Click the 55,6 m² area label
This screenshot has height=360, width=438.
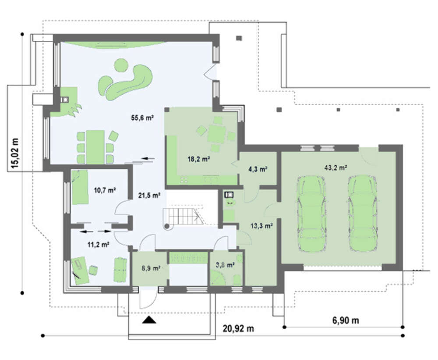(142, 118)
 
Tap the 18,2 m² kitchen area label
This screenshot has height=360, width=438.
(199, 159)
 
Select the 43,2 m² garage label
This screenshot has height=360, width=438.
(336, 168)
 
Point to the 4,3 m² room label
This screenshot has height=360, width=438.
(258, 169)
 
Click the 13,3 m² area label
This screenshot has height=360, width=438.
(262, 226)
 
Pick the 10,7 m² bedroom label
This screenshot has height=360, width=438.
(105, 190)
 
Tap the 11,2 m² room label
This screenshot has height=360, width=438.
(98, 245)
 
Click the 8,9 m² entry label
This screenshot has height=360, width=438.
(151, 268)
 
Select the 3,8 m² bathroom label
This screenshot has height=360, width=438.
(226, 264)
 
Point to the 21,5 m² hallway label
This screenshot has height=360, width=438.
(149, 196)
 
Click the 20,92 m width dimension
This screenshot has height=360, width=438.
(238, 328)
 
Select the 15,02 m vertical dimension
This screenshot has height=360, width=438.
(16, 153)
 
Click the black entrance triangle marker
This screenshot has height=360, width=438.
(149, 320)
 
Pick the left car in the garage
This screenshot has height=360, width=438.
(311, 214)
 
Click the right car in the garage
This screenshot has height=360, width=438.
(363, 214)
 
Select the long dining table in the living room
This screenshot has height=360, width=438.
(95, 147)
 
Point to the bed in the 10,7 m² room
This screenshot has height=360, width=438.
(80, 187)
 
